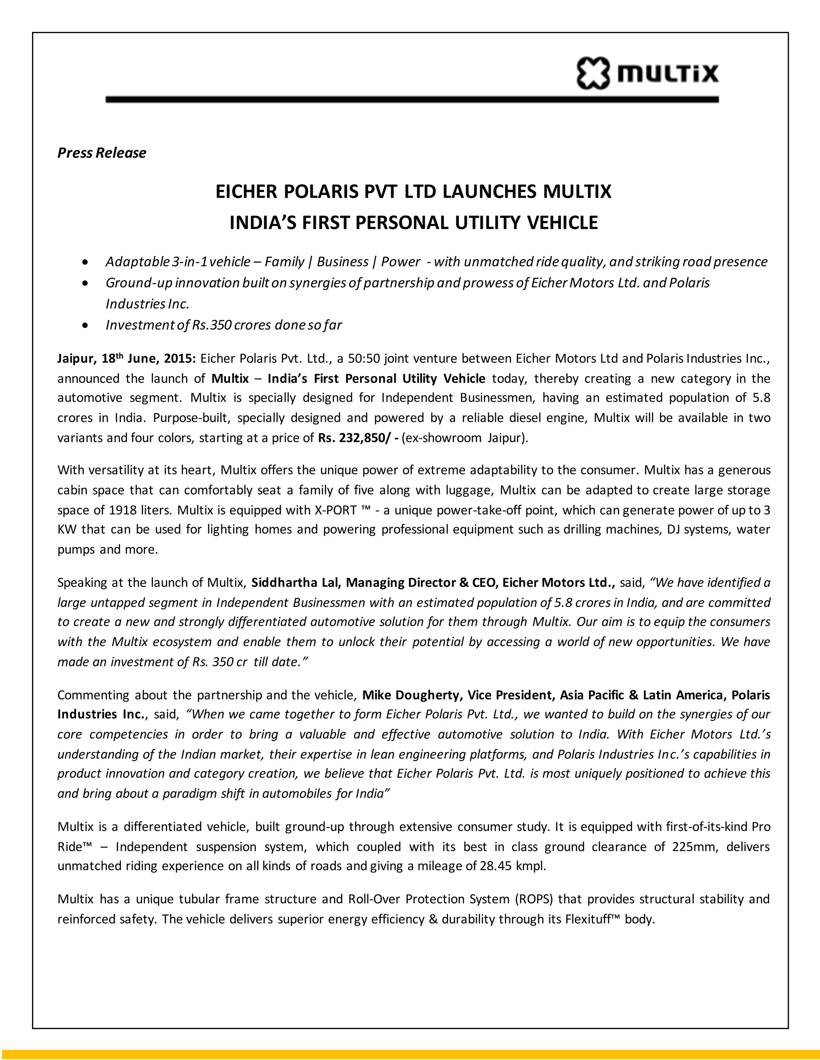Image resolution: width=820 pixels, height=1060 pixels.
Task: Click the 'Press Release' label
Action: click(x=102, y=153)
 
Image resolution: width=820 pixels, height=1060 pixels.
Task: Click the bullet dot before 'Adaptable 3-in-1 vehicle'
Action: click(x=86, y=262)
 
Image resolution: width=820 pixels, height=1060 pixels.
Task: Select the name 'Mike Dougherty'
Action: click(x=412, y=695)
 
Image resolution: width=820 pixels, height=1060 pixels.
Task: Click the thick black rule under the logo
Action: click(x=412, y=100)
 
